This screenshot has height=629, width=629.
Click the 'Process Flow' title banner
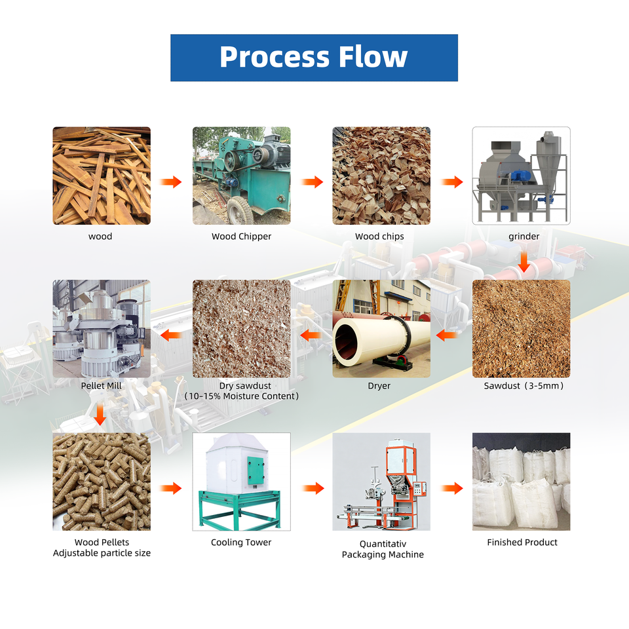coord(314,58)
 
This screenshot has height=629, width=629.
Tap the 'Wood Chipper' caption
coord(242,237)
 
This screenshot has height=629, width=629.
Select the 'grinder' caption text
coord(524,237)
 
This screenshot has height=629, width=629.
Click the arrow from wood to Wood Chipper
coord(171,181)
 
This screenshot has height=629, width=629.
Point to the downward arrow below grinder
coord(524,262)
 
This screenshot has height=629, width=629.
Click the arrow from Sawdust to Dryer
coord(446,335)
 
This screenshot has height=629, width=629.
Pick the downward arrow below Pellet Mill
coord(100,414)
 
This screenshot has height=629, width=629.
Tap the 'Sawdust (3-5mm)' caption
coord(524,386)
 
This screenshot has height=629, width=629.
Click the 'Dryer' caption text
coord(379,386)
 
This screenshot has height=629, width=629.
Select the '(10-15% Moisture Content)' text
coord(242,396)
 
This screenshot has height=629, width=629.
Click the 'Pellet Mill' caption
coord(101,386)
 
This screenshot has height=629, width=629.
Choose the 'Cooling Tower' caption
coord(241,543)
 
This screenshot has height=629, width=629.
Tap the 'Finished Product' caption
coord(522,543)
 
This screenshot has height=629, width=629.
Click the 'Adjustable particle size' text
coord(102,553)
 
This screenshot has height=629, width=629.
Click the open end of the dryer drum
coord(346,341)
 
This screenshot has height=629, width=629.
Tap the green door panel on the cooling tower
coord(256,470)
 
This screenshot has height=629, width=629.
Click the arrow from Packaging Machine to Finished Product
coord(452,488)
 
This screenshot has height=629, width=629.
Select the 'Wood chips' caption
coord(379,237)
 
